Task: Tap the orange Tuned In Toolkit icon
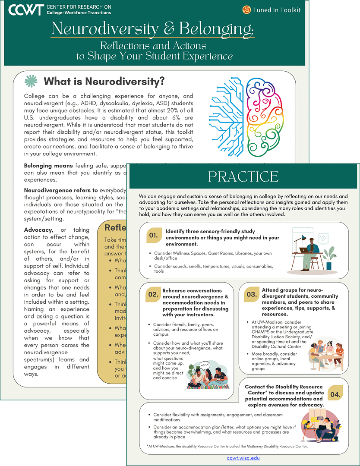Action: point(246,9)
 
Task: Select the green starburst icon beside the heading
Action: point(31,81)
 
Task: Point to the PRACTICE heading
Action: point(243,176)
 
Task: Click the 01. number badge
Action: point(153,236)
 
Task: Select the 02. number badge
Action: point(153,295)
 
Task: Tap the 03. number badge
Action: point(252,295)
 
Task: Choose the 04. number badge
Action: point(335,394)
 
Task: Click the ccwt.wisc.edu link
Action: point(243,458)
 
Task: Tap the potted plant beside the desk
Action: point(330,258)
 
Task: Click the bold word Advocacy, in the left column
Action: point(38,230)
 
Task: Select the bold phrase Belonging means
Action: point(48,165)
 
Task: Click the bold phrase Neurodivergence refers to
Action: point(61,190)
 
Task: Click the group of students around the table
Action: point(326,354)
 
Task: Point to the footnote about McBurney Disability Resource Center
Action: point(224,446)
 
